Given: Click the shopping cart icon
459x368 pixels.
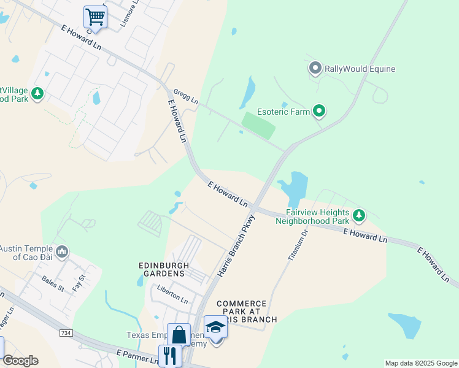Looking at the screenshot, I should (x=95, y=16).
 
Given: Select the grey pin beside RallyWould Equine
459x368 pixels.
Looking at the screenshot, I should (x=315, y=68).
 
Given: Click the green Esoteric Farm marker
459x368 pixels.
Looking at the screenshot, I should (x=318, y=111).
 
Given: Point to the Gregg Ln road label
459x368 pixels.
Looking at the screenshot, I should (x=186, y=96).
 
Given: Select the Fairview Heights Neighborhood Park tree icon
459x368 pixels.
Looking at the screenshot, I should (x=359, y=215).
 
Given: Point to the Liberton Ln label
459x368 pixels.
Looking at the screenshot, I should (x=172, y=294).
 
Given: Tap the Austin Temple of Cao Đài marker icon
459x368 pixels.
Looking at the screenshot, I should (x=61, y=251).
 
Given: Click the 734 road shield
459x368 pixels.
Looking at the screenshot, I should (x=66, y=332).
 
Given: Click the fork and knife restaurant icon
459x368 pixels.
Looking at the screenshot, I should (x=170, y=355).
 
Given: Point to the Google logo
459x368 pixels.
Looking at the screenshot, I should (x=20, y=361).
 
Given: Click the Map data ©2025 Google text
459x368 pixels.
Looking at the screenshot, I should (x=420, y=363).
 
